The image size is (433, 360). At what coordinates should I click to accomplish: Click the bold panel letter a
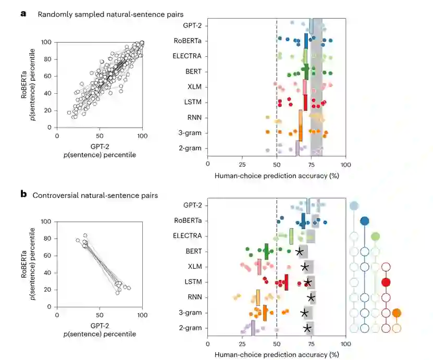coord(23,14)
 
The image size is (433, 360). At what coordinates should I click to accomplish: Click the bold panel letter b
coord(23,194)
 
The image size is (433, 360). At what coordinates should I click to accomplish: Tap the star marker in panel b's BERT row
coord(300,252)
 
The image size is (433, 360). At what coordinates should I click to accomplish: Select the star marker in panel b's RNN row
coord(311,297)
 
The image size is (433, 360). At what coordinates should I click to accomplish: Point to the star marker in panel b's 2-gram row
coord(308,328)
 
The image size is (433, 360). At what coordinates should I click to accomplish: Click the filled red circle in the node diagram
coord(386,282)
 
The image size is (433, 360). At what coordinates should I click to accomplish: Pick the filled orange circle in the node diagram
coord(397,313)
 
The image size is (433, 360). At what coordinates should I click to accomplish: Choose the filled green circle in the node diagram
coord(375,237)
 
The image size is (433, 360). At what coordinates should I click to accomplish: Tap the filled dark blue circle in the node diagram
coord(365,221)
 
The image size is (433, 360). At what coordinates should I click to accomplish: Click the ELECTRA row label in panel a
coord(188,56)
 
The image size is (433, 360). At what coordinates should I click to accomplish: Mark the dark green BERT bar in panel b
coord(266,251)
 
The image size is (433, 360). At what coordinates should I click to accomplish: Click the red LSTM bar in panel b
coord(286,282)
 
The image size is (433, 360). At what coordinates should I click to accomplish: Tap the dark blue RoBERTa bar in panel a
coord(306,40)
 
